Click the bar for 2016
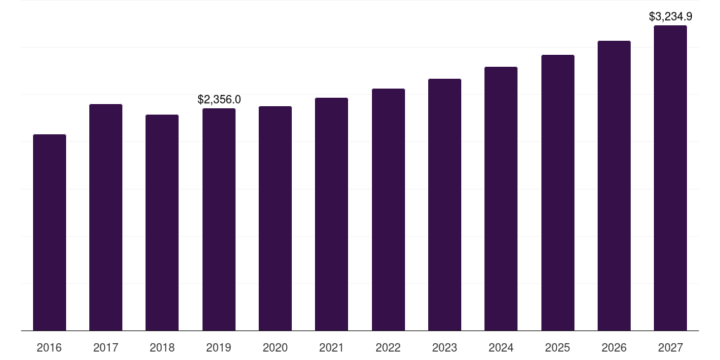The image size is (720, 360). [x=49, y=232]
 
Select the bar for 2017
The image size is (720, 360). [x=105, y=217]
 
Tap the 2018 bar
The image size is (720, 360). [x=162, y=222]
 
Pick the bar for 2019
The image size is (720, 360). [x=219, y=219]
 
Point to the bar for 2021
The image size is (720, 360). [x=331, y=214]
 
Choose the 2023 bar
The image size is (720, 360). [x=444, y=205]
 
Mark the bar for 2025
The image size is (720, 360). [x=558, y=193]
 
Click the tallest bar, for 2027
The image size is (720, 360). [x=670, y=178]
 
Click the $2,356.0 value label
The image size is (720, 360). [x=219, y=100]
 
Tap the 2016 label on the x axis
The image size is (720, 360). [x=49, y=347]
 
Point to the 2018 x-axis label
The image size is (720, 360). [x=162, y=347]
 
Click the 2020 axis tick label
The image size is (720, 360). [x=275, y=347]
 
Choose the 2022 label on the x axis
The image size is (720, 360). [x=388, y=347]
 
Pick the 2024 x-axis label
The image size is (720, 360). [x=501, y=347]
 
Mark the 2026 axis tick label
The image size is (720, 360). [x=614, y=347]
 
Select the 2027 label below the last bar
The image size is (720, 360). [x=670, y=347]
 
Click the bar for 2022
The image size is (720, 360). [x=388, y=210]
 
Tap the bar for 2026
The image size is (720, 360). [x=614, y=186]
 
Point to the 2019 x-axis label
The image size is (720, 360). [x=219, y=347]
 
